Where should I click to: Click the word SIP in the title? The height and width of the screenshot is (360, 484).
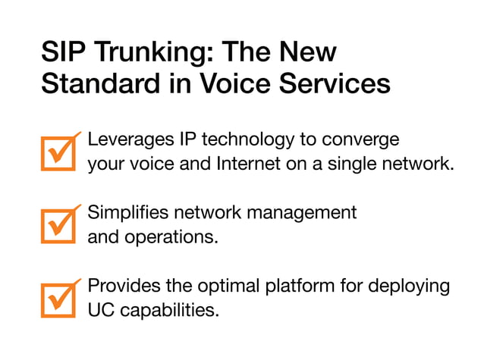62,54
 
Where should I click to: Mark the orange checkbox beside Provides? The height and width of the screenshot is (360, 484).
58,299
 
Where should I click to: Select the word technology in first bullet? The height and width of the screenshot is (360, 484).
252,141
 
